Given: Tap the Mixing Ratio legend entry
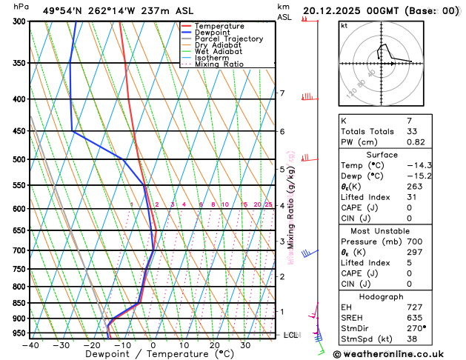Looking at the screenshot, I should pos(219,64).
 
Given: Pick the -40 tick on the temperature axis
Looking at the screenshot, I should pos(30,345).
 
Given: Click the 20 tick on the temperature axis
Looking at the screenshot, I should pos(214,345).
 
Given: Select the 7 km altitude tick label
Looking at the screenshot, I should pos(282,93).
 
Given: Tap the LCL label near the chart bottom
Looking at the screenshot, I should pos(290,335).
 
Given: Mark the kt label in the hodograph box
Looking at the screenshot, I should pos(343,25).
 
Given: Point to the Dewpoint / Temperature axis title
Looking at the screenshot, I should pos(151,355).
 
